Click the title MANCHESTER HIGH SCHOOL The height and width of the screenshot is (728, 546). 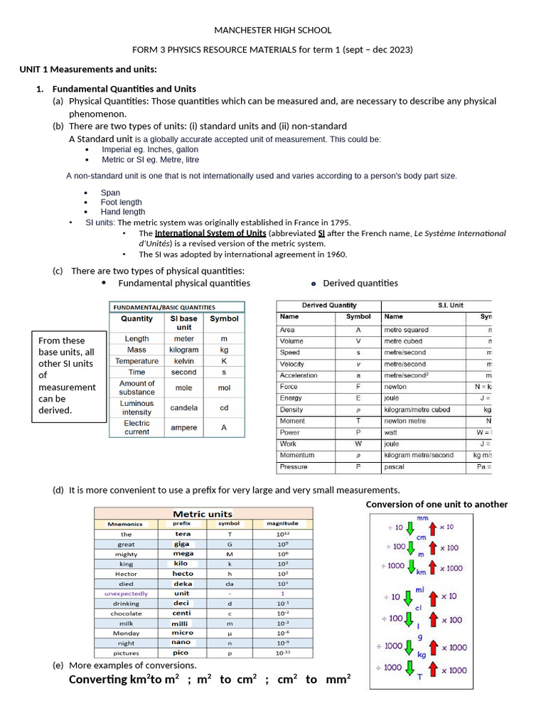click(x=273, y=30)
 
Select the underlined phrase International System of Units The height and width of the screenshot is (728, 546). click(x=210, y=233)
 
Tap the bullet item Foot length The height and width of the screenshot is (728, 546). click(x=121, y=202)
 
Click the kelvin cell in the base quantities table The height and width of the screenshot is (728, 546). click(x=183, y=361)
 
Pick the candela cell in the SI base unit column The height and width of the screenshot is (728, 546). click(x=183, y=408)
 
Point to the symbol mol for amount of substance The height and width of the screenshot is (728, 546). click(x=224, y=388)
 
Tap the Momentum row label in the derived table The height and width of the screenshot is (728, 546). click(x=297, y=455)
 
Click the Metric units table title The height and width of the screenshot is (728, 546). click(x=203, y=513)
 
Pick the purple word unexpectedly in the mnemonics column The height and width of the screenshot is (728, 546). click(x=126, y=594)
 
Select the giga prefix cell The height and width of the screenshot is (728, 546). click(x=182, y=544)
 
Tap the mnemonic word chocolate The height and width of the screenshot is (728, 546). click(x=126, y=614)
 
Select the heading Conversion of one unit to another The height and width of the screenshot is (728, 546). click(x=437, y=504)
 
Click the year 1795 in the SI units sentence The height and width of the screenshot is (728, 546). click(x=339, y=223)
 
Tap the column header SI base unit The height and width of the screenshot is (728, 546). click(x=183, y=323)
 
